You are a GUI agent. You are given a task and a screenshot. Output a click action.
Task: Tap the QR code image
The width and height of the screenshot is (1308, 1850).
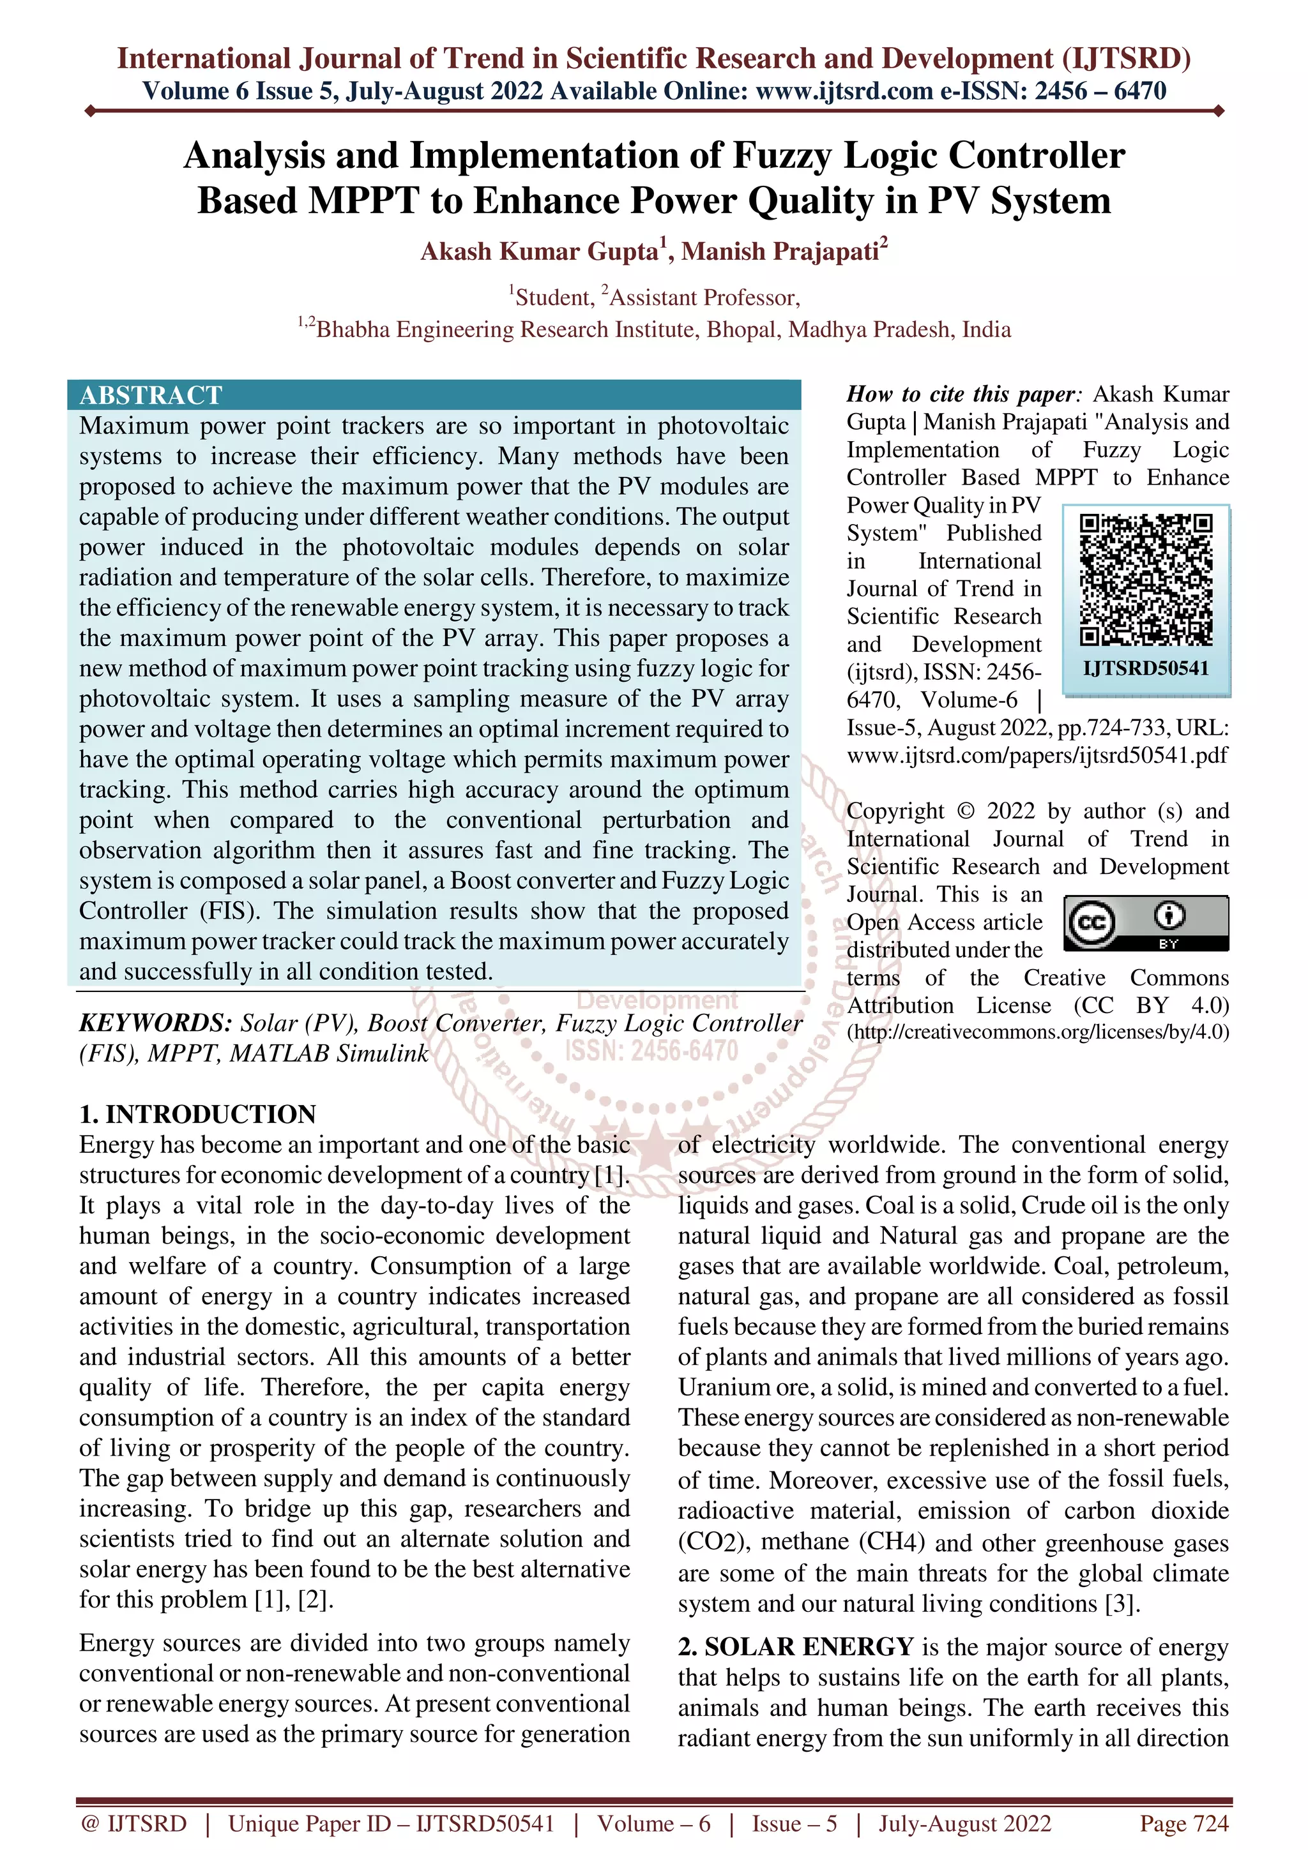(x=1145, y=580)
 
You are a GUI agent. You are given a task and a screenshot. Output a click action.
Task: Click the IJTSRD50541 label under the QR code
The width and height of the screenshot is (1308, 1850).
(x=1145, y=667)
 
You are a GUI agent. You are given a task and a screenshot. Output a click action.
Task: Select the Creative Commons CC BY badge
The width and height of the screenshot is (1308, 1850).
(x=1145, y=922)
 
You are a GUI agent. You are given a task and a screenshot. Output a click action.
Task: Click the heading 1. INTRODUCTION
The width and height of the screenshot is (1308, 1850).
(x=197, y=1115)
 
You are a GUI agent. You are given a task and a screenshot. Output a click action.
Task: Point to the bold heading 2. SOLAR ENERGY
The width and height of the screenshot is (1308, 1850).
(x=795, y=1646)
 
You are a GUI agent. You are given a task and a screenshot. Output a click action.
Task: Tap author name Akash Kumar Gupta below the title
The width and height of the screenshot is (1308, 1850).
(x=540, y=252)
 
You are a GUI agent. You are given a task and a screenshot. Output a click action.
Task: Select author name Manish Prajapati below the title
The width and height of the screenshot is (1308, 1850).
(x=780, y=252)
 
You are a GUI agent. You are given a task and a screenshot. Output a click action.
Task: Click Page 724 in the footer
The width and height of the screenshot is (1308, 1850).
(x=1183, y=1823)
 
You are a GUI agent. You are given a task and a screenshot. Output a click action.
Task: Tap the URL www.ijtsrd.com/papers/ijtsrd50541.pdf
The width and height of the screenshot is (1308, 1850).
(x=1037, y=755)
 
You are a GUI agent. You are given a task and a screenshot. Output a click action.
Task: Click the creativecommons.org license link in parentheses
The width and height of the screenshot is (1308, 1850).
(x=1038, y=1032)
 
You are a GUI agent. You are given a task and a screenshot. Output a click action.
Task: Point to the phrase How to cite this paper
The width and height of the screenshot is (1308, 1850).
(x=961, y=394)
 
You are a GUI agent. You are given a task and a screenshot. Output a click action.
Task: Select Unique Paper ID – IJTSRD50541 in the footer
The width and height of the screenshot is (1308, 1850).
(x=391, y=1823)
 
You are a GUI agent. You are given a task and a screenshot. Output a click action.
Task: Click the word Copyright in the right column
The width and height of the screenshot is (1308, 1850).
(x=895, y=811)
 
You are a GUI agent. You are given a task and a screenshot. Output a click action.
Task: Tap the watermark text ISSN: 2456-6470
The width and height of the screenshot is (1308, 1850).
(x=651, y=1051)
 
